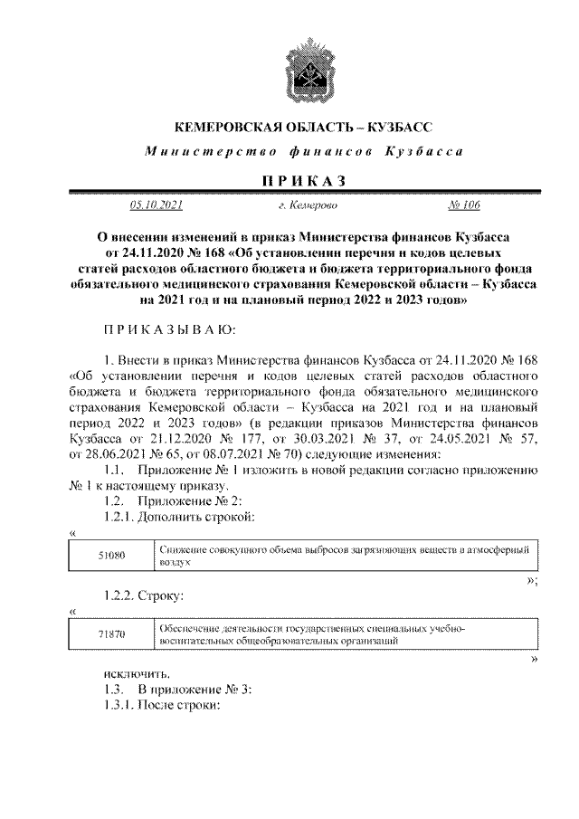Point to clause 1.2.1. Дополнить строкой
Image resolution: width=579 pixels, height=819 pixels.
pos(176,516)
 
